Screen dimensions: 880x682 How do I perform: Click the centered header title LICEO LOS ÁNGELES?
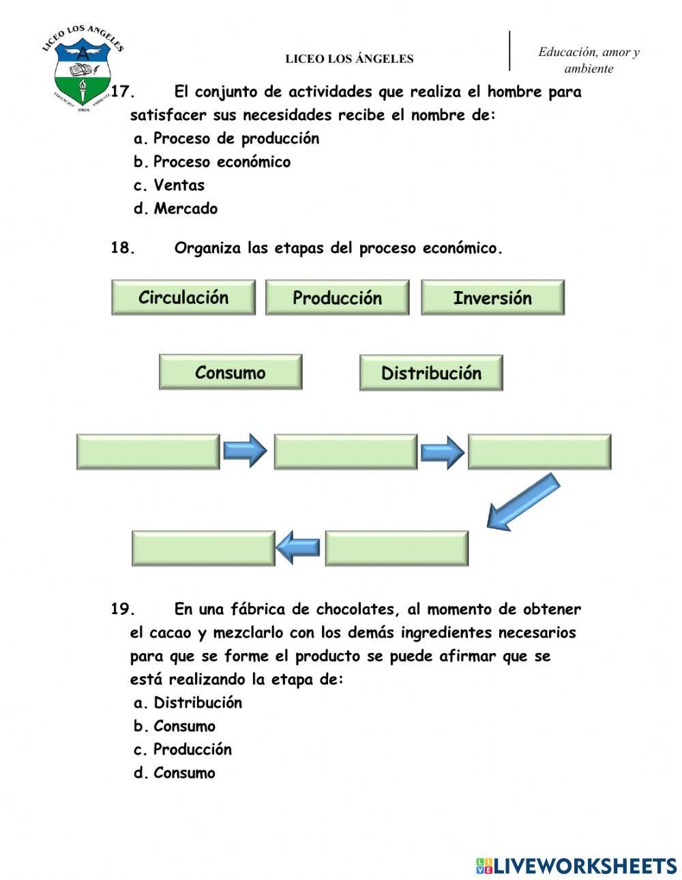[x=349, y=59]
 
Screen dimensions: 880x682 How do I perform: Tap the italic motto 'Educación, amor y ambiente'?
[x=589, y=60]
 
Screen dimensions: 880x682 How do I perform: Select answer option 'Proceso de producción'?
[x=236, y=138]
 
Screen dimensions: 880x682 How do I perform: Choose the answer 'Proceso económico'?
[x=222, y=162]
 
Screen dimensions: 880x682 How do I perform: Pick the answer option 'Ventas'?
[x=179, y=185]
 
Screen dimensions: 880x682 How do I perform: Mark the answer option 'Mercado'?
[x=186, y=209]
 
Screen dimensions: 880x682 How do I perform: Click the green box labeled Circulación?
[x=183, y=297]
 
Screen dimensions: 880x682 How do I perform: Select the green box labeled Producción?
[x=337, y=298]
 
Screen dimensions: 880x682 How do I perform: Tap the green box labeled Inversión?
[x=492, y=298]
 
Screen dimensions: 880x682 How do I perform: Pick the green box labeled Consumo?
[x=231, y=372]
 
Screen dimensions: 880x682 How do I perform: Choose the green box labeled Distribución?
[x=431, y=373]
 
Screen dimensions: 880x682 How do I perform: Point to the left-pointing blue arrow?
[x=299, y=547]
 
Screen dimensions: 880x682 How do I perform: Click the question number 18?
[x=123, y=248]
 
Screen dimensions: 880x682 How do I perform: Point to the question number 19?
[x=123, y=609]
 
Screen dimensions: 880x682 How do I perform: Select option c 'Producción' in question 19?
[x=192, y=749]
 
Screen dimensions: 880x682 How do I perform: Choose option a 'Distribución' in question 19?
[x=198, y=703]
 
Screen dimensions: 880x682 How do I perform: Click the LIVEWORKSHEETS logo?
[x=576, y=866]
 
